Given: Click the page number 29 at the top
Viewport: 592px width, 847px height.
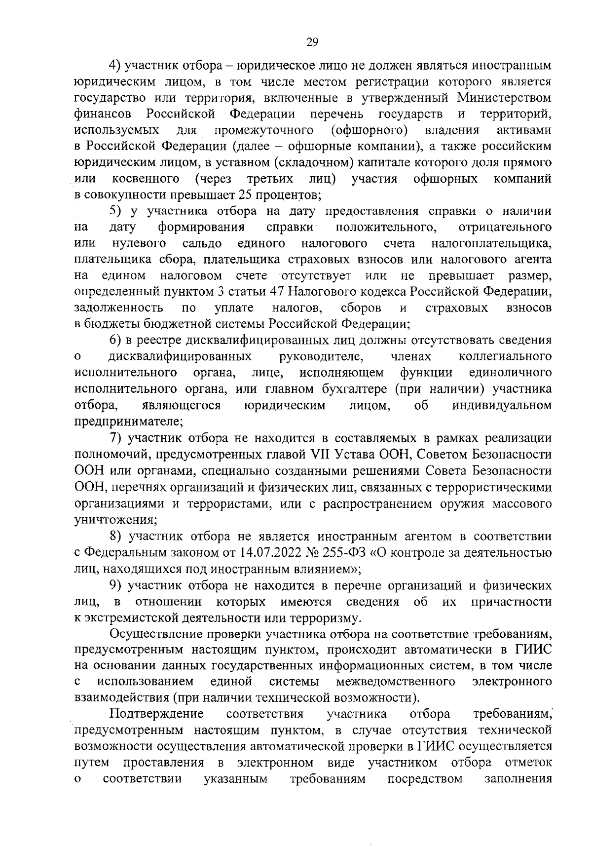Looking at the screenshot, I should pyautogui.click(x=312, y=42).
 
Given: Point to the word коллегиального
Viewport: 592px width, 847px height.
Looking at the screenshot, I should pyautogui.click(x=505, y=356).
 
